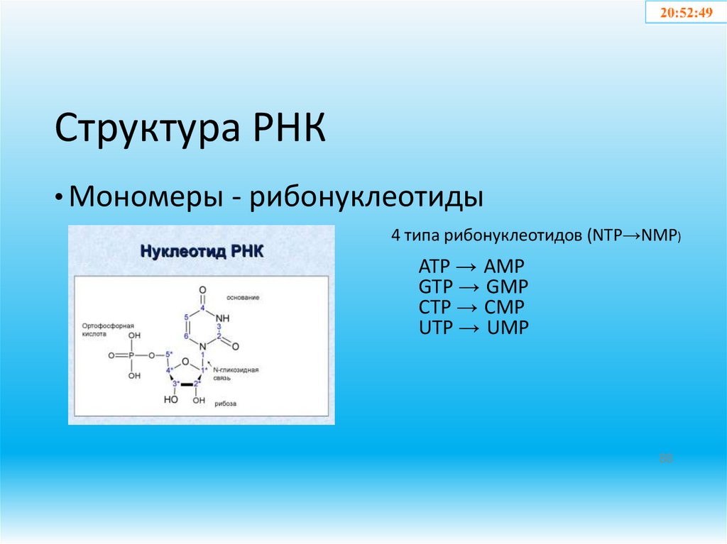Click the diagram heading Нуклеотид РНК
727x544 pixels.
[x=201, y=251]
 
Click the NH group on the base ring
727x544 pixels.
[x=223, y=318]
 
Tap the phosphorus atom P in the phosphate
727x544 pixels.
[x=134, y=355]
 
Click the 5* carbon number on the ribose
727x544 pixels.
[x=168, y=354]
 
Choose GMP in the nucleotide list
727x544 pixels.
[x=508, y=287]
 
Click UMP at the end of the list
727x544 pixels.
[x=508, y=328]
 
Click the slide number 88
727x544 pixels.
[x=665, y=459]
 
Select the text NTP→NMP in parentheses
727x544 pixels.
[x=634, y=236]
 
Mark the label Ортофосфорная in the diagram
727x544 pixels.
[x=109, y=324]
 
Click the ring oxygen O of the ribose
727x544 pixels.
[x=185, y=361]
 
